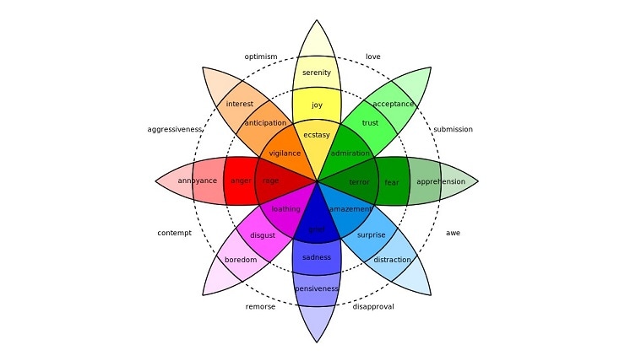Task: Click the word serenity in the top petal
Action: coord(317,73)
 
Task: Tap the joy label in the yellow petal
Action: coord(317,105)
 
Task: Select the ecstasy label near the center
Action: coord(317,135)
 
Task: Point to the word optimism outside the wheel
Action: coord(261,57)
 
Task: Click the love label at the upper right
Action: coord(372,57)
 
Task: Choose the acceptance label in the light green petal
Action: coord(393,105)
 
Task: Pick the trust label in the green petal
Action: coord(370,123)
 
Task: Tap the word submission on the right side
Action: coord(453,130)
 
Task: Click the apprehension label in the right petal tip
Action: coord(441,181)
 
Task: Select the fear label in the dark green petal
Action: coord(392,181)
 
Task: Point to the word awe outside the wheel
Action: coord(453,233)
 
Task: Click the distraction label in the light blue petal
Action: coord(392,260)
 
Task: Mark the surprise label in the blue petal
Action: coord(371,235)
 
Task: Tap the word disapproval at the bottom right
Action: coord(372,307)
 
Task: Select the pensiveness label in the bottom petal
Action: coord(317,289)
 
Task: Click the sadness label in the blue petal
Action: coord(317,257)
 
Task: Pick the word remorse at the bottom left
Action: coord(260,307)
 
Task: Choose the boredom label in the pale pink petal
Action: coord(240,260)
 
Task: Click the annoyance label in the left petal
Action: coord(198,181)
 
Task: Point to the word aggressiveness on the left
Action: coord(175,130)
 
